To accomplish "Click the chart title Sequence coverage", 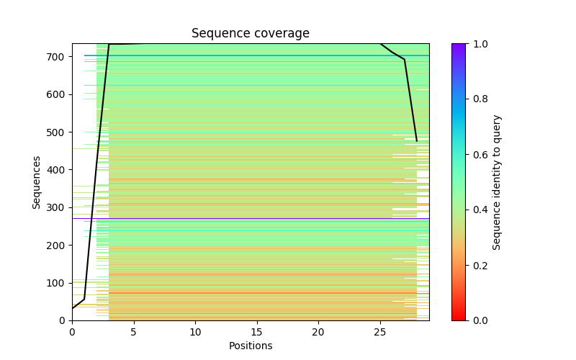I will (250, 34).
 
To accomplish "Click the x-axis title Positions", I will (250, 346).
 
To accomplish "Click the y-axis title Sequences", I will (37, 181).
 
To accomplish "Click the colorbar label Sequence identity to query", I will (497, 182).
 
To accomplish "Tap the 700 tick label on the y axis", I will (57, 57).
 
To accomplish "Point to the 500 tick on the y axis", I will (57, 132).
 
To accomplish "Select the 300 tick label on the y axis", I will (57, 207).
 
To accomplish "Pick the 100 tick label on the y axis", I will (57, 283).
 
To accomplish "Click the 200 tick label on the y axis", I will (57, 246).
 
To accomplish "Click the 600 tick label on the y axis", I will (57, 94).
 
